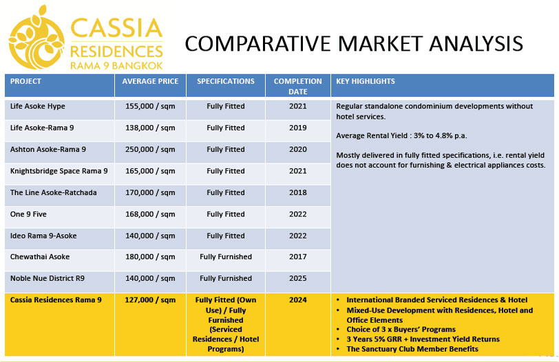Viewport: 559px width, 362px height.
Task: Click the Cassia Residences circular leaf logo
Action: click(x=36, y=38)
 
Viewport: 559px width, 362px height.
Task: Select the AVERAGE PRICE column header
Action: click(x=150, y=82)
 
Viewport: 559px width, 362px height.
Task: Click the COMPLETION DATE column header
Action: click(x=297, y=87)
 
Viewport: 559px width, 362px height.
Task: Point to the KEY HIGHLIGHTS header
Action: click(x=366, y=82)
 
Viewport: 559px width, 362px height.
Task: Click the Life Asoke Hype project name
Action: click(x=37, y=106)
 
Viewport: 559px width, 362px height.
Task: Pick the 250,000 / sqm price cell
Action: click(x=150, y=149)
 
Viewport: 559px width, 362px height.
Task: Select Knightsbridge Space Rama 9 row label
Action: click(x=59, y=171)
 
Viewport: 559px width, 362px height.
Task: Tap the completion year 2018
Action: click(x=297, y=192)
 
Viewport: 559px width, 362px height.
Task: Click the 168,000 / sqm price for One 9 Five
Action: click(x=150, y=214)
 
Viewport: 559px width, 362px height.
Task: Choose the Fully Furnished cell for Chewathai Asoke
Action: click(x=226, y=257)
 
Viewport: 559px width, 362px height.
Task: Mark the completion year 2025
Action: click(x=297, y=278)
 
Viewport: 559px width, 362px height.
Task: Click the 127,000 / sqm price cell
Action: click(x=150, y=299)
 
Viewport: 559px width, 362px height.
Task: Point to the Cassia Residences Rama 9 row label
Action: click(x=56, y=299)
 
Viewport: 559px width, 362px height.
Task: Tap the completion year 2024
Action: click(x=297, y=299)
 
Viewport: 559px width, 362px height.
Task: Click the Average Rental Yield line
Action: click(x=401, y=135)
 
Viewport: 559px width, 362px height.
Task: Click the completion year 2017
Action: click(x=297, y=257)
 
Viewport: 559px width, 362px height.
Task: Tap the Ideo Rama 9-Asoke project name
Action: click(x=43, y=236)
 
